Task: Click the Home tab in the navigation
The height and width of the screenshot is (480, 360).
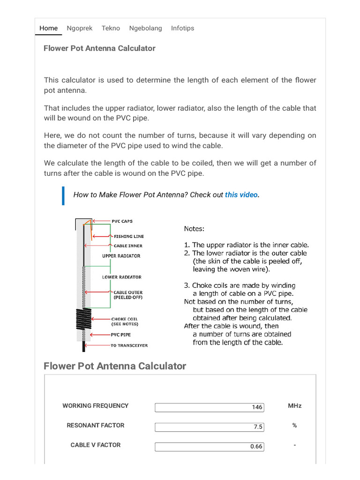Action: pos(48,28)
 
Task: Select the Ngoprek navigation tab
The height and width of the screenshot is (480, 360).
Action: pos(79,28)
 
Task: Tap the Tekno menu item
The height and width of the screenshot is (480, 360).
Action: pos(110,28)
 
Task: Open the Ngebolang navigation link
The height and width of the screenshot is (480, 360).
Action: pos(145,28)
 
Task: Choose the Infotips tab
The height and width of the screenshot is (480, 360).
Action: pos(182,28)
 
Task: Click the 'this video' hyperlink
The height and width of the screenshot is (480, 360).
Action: pos(241,195)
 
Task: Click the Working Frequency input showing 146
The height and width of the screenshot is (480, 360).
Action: pos(209,407)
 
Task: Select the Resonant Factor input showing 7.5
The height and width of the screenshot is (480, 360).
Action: pos(209,427)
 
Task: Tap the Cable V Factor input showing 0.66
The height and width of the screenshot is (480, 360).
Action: pos(209,446)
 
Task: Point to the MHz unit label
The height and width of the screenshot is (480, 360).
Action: pos(294,405)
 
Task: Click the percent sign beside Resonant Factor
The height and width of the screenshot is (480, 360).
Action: pos(294,425)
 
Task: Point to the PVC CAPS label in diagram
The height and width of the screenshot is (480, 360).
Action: pos(122,221)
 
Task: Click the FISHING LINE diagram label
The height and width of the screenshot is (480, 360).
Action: pos(128,237)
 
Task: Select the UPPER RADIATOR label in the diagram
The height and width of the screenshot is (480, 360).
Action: pos(121,256)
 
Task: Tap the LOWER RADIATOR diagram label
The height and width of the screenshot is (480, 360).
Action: pos(121,277)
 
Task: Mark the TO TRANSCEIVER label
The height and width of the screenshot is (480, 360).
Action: pos(129,345)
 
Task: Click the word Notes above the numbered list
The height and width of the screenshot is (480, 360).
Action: pos(194,229)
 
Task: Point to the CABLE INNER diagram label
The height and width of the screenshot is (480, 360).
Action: pos(127,246)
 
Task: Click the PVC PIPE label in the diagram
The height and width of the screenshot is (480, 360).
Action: pos(121,335)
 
